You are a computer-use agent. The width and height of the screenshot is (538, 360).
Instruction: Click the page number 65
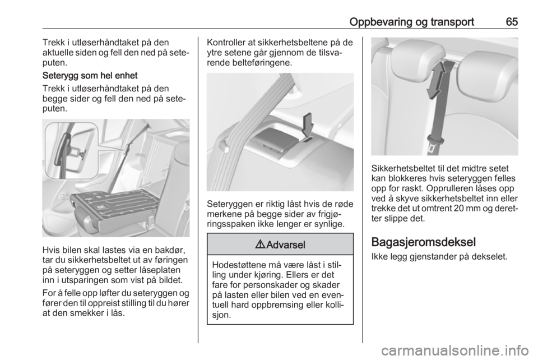tap(511, 22)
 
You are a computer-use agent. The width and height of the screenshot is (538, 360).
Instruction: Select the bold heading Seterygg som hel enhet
tap(90, 76)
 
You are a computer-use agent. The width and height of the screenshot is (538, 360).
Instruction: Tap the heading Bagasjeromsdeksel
tap(424, 242)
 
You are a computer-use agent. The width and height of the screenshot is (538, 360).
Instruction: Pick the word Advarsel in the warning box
tap(285, 245)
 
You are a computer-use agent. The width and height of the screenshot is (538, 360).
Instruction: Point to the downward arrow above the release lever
tap(308, 127)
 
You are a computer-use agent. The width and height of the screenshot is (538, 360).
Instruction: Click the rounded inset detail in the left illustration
tap(72, 150)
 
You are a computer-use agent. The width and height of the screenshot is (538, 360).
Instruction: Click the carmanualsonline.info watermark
tap(453, 351)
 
